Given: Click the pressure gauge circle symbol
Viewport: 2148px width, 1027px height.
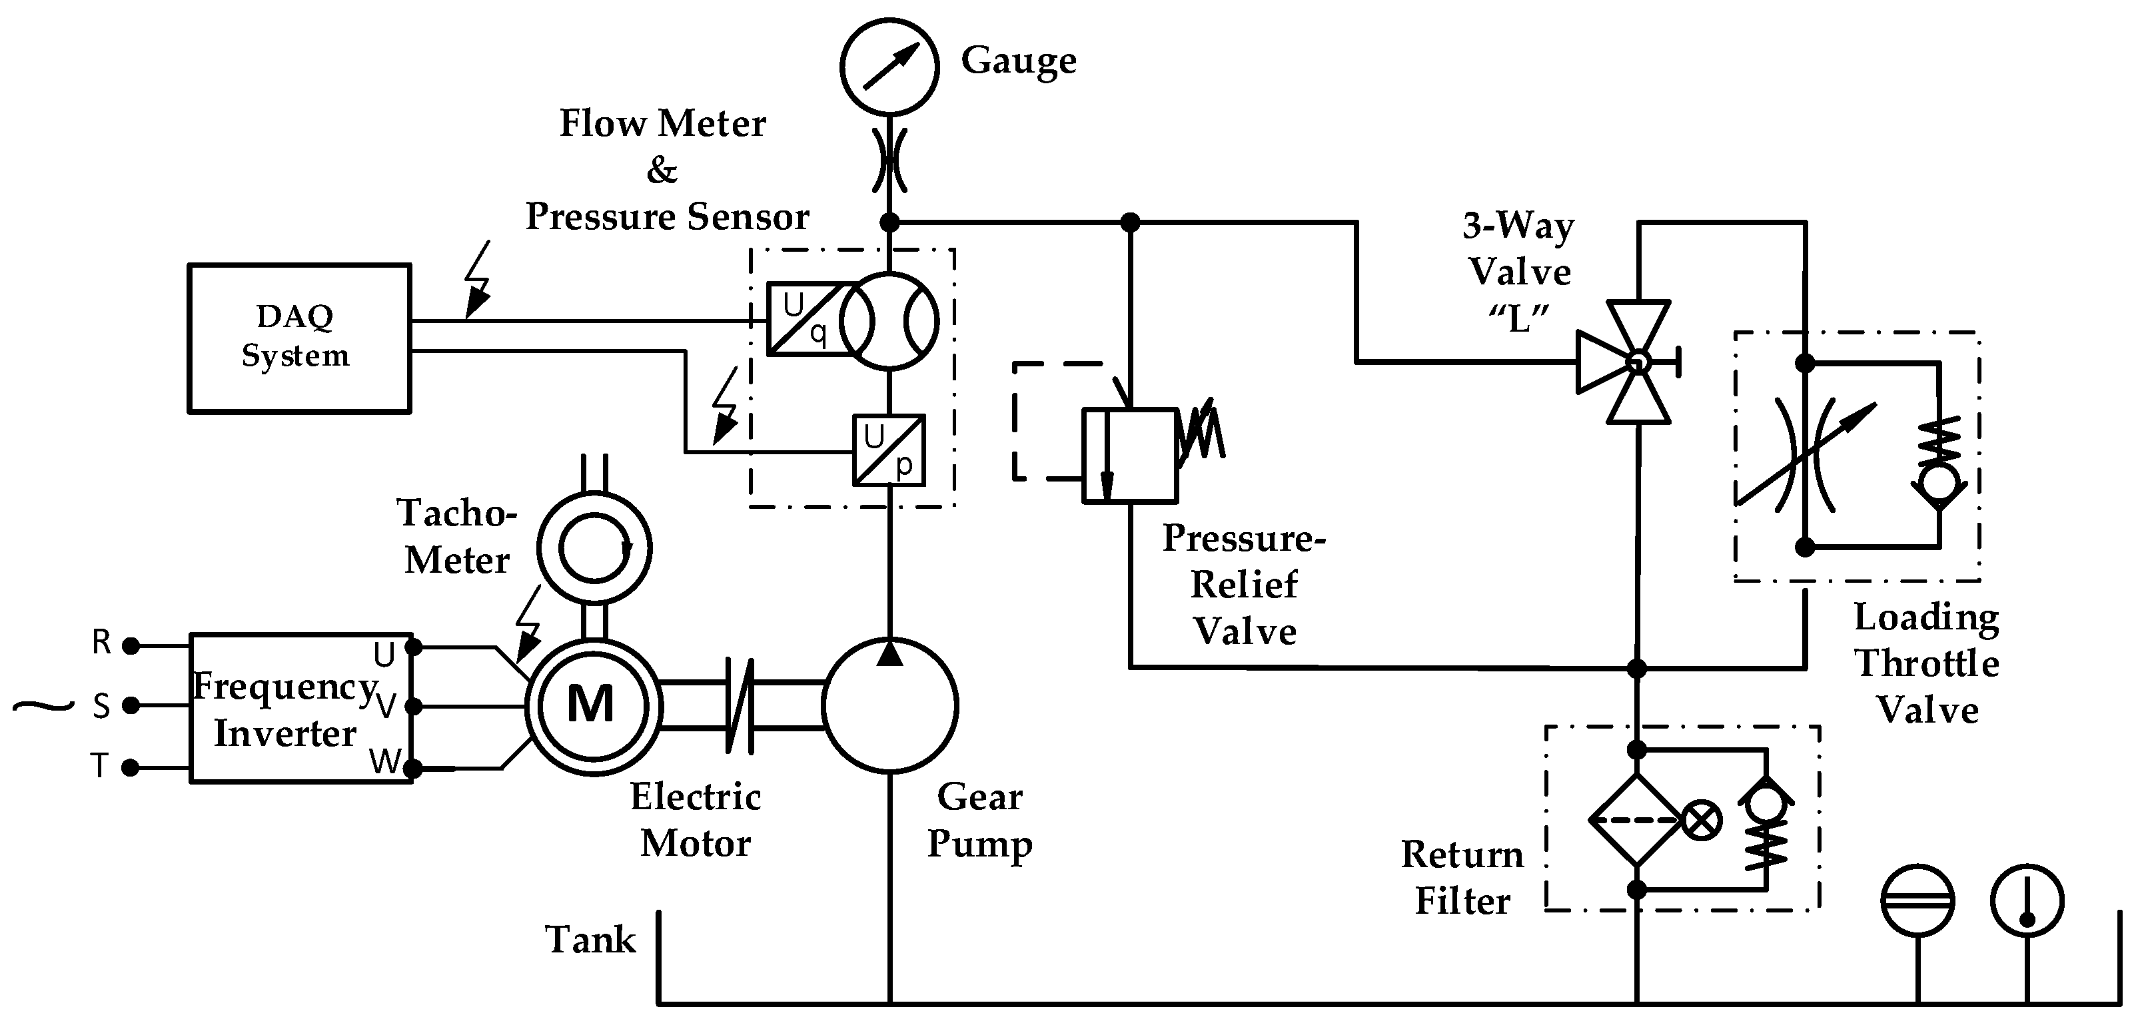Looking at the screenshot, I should click(x=889, y=67).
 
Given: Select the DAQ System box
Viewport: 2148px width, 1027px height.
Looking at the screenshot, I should click(x=298, y=338).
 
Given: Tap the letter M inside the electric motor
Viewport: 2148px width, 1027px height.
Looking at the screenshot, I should click(x=590, y=705).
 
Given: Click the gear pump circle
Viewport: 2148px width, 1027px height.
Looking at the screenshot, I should click(x=889, y=705).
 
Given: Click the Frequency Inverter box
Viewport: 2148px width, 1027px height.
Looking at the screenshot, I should click(x=300, y=708).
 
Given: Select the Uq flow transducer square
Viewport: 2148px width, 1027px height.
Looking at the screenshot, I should click(x=803, y=319).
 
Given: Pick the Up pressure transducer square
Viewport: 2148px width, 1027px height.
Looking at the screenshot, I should click(x=889, y=450).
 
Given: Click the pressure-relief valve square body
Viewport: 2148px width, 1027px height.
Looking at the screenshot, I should click(x=1130, y=455).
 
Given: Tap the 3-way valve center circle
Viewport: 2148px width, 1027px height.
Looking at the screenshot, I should click(x=1638, y=362).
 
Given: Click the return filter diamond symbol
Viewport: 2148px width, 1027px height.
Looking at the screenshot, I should click(x=1636, y=821).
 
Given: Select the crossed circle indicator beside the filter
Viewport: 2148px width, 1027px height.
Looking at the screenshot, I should click(x=1701, y=821).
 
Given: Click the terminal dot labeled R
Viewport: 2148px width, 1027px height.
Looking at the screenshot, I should click(x=130, y=645).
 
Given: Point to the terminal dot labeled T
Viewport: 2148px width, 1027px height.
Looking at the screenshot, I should click(x=130, y=767).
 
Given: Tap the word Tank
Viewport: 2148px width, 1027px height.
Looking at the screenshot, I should click(x=590, y=940).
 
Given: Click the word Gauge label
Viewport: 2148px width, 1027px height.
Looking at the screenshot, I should click(x=1018, y=60).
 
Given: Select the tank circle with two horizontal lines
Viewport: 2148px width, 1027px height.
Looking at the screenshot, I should click(x=1918, y=900).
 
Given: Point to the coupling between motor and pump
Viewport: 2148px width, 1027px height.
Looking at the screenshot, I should click(x=740, y=705).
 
